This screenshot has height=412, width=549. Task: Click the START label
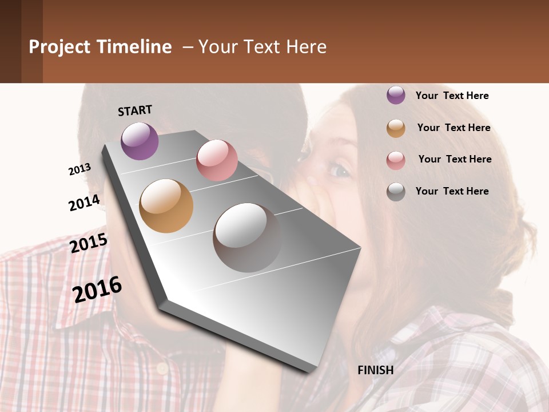point(135,110)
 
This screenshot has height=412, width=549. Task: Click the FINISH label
point(376,370)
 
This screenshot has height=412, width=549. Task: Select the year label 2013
point(79,169)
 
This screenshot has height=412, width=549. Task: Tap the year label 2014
point(84,203)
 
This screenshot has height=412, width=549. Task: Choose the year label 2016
point(97,289)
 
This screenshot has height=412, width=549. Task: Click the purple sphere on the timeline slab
point(140,141)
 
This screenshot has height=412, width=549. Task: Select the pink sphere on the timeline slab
point(217,160)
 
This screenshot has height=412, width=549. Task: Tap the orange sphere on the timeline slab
point(166,206)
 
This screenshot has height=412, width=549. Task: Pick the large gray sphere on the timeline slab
point(247,237)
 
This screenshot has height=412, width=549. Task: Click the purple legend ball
point(396,95)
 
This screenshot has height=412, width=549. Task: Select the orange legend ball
point(396,128)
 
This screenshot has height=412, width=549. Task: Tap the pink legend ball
point(396,160)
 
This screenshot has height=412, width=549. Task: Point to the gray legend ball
point(396,192)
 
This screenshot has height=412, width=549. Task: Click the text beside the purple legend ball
point(452,96)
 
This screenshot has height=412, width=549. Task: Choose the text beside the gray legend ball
point(452,191)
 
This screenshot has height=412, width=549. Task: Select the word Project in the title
point(60,47)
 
